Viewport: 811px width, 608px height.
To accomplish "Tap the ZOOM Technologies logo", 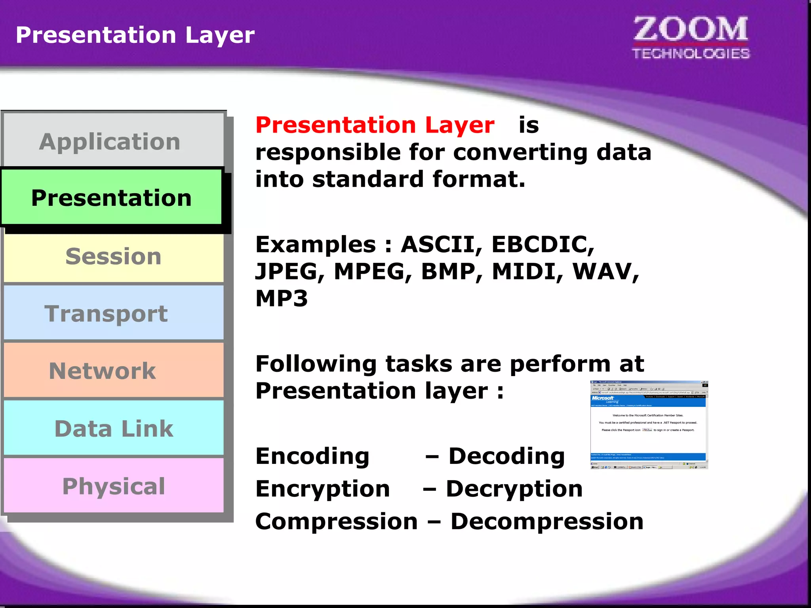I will click(691, 38).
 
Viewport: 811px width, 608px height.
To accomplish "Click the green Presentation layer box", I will click(111, 197).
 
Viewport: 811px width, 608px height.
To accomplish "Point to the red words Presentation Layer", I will click(375, 125).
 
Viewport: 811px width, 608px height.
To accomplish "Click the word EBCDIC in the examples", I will click(543, 244).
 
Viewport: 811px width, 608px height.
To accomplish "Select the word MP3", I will click(282, 298).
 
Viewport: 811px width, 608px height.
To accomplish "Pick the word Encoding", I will click(312, 456).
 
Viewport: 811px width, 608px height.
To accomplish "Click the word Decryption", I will click(514, 489).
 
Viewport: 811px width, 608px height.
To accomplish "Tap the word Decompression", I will click(547, 521).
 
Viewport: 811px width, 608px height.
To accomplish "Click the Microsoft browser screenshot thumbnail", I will click(649, 425).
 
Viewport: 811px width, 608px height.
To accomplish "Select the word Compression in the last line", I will click(337, 521).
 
